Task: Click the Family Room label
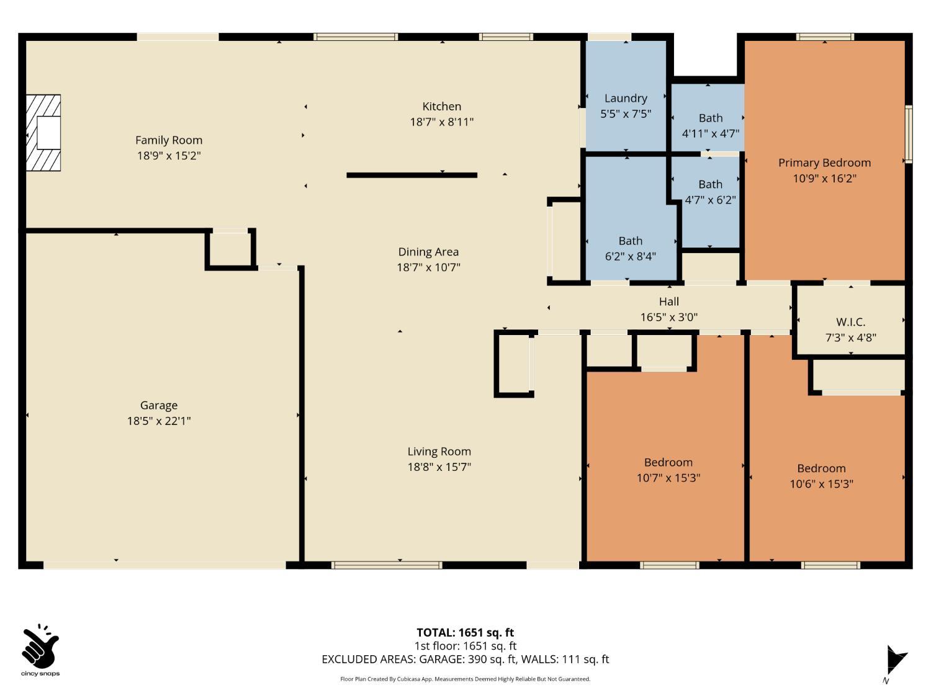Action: coord(169,140)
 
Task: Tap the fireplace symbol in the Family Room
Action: coord(43,133)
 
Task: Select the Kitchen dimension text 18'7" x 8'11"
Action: coord(441,122)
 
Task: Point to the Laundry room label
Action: coord(626,98)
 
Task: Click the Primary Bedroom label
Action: coord(824,163)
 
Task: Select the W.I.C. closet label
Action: coord(850,322)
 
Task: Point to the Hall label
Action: coord(669,302)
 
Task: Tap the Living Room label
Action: coord(439,451)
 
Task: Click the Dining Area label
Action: coord(428,252)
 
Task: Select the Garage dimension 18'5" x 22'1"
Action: coord(159,421)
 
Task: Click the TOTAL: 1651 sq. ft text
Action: coord(465,632)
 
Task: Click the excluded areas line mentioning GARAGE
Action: coord(465,660)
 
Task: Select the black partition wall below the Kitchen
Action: coord(412,175)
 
